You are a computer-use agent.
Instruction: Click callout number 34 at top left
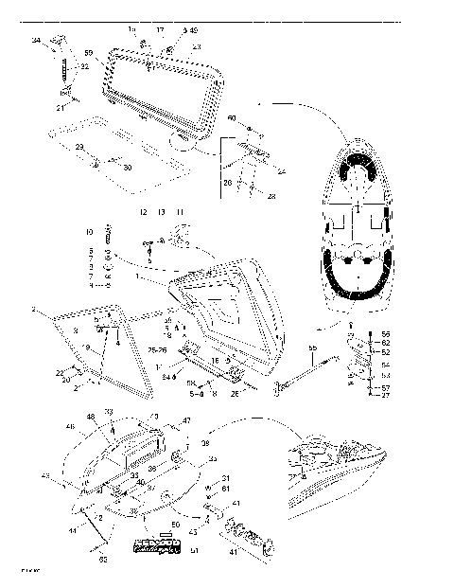click(x=35, y=41)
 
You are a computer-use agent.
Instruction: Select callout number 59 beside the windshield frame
click(x=88, y=53)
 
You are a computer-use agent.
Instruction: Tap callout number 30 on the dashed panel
click(x=127, y=168)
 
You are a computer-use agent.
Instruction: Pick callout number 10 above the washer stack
click(x=91, y=231)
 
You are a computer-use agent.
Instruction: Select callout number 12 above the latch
click(x=144, y=212)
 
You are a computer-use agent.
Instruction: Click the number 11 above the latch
click(x=180, y=212)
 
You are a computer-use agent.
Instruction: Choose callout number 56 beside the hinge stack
click(x=385, y=335)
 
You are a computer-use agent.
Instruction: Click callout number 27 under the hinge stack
click(x=385, y=396)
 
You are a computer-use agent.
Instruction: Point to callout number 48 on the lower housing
click(x=91, y=417)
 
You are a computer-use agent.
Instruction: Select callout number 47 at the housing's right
click(x=186, y=419)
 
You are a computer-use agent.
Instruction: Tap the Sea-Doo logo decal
click(x=162, y=544)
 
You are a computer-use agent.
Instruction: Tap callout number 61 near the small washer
click(x=224, y=488)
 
